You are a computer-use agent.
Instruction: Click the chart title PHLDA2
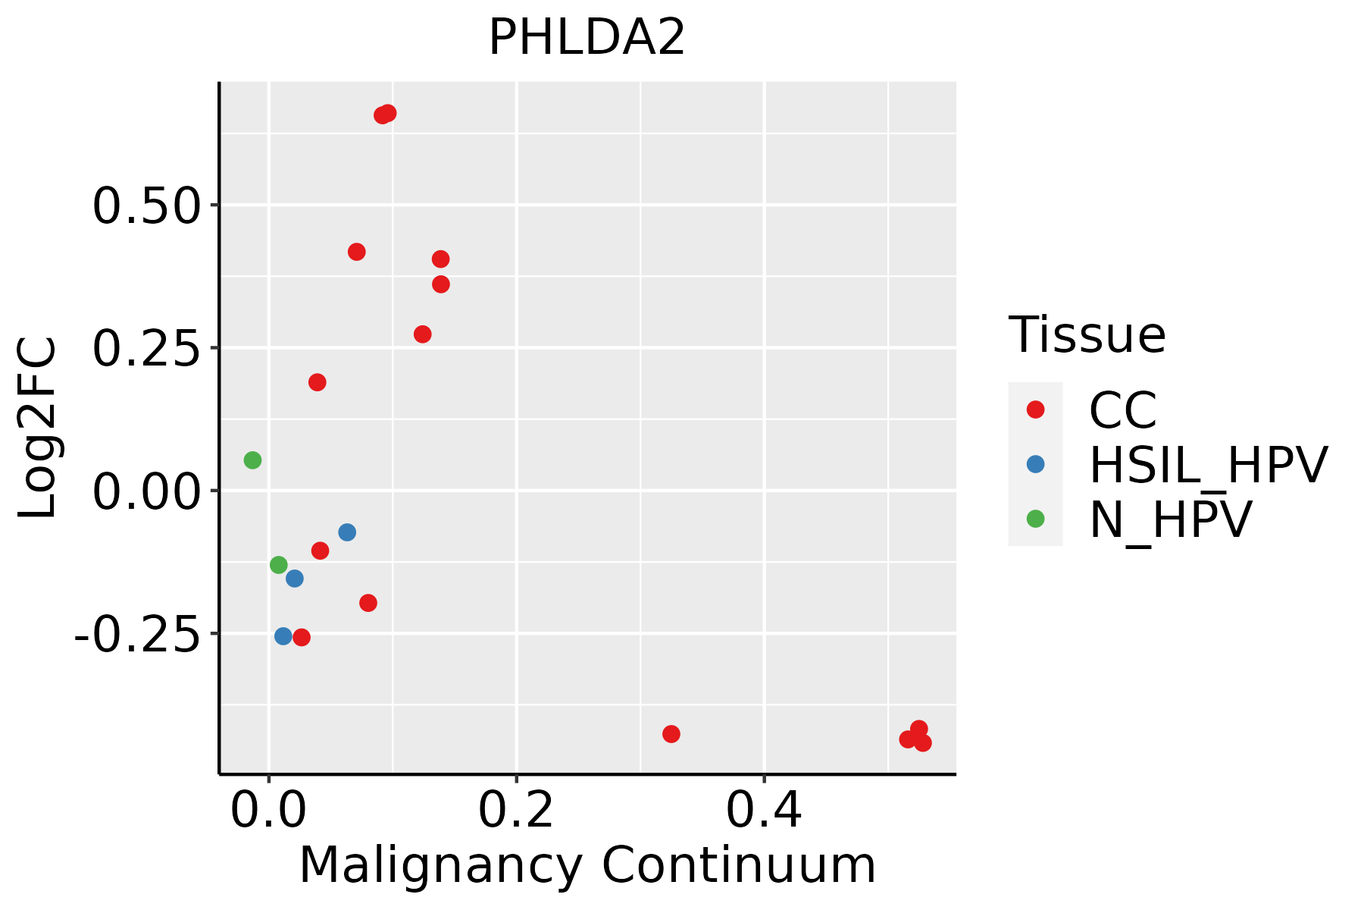coord(587,38)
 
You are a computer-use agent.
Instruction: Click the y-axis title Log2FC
coord(38,428)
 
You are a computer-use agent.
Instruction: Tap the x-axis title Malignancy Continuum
coord(587,866)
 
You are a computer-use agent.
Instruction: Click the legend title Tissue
coord(1087,335)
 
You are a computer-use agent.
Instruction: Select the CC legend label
coord(1122,410)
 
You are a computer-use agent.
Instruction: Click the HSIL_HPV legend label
coord(1208,465)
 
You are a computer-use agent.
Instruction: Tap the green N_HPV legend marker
coord(1035,519)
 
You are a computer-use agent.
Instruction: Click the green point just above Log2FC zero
coord(253,460)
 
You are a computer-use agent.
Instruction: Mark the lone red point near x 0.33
coord(671,734)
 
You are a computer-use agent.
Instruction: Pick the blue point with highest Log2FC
coord(347,532)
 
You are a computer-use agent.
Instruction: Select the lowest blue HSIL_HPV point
coord(283,636)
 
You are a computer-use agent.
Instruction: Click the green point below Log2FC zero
coord(279,565)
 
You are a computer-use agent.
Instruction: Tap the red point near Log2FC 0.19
coord(318,382)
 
